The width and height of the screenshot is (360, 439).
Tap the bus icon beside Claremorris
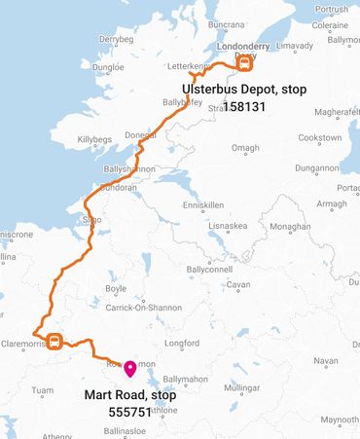click(55, 342)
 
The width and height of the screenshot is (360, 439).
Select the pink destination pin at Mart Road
click(129, 369)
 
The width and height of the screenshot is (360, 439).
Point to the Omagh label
click(244, 148)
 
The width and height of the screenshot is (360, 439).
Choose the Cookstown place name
click(320, 138)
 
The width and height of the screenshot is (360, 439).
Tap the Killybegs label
click(95, 139)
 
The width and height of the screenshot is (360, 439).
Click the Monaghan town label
click(290, 226)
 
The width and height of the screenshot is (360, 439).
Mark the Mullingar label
click(242, 387)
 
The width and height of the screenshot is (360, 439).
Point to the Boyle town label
click(116, 288)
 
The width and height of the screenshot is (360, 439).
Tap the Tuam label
click(43, 390)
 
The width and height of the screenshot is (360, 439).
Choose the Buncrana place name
click(226, 23)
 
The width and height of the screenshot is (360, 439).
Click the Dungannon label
click(316, 167)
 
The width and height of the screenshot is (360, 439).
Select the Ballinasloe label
click(126, 429)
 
